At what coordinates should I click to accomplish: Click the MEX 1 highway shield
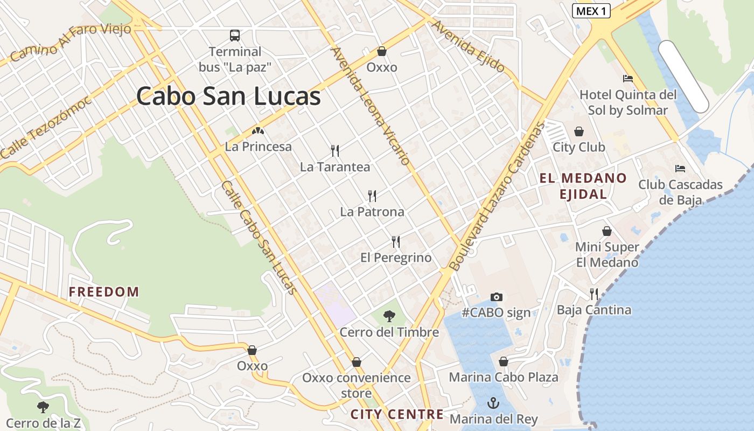point(591,11)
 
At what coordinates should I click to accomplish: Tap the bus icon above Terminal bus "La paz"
point(235,36)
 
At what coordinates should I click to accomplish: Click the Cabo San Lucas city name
point(228,97)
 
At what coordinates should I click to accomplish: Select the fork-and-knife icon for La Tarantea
point(335,150)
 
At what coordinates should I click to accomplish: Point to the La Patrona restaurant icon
point(372,196)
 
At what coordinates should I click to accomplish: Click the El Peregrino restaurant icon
point(396,241)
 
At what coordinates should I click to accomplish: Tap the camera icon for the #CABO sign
point(497,297)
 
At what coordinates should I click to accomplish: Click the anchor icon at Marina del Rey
point(493,403)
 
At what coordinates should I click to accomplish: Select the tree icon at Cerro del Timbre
point(389,316)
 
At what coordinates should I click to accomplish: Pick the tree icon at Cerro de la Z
point(43,407)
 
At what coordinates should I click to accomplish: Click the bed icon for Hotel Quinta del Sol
point(628,79)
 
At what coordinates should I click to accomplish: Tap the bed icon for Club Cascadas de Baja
point(680,169)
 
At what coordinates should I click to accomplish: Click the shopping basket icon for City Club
point(579,131)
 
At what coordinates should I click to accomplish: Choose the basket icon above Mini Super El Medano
point(607,231)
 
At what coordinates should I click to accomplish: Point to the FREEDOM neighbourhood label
point(104,292)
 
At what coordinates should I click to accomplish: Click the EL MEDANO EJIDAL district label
point(583,186)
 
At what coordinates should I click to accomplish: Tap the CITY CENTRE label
point(397,414)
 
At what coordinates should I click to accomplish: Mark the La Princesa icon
point(258,131)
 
